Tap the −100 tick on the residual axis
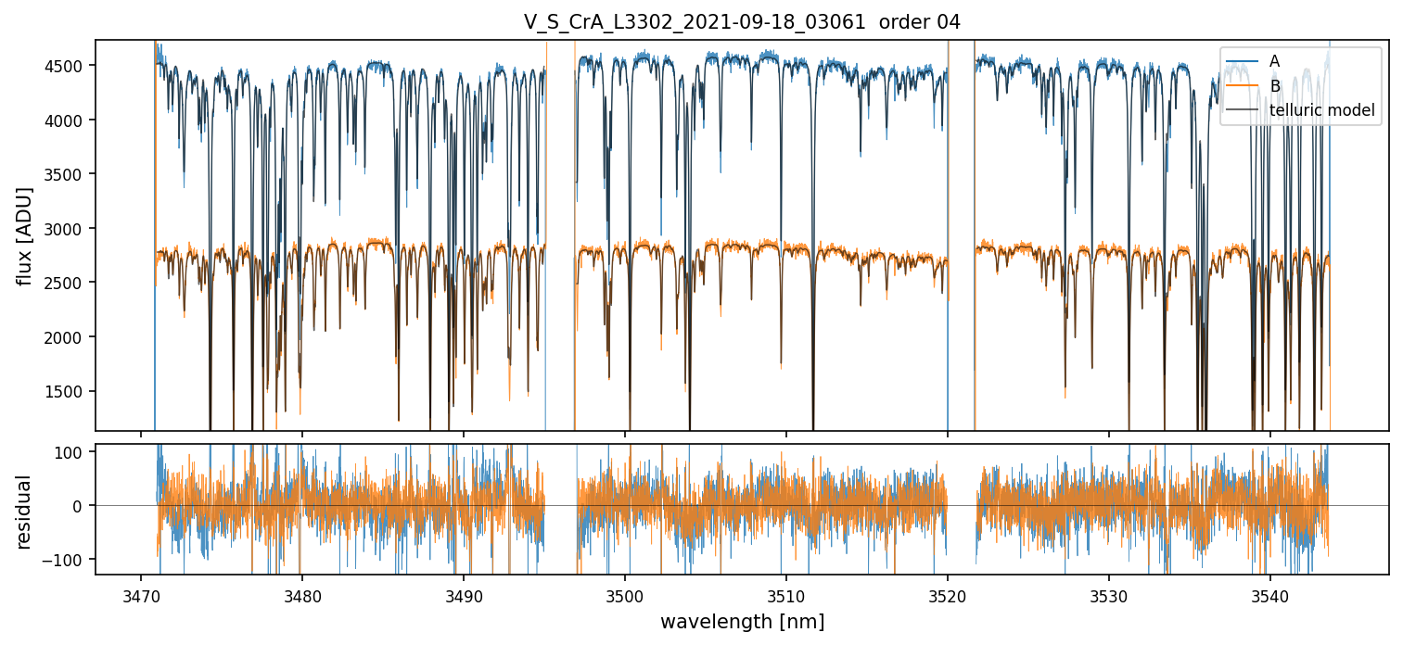(70, 560)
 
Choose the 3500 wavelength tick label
(625, 594)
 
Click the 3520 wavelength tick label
(948, 594)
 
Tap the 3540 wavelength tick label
(1270, 594)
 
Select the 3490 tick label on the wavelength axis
(464, 594)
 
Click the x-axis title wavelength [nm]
(742, 622)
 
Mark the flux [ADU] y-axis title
(25, 235)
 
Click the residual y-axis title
(25, 512)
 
